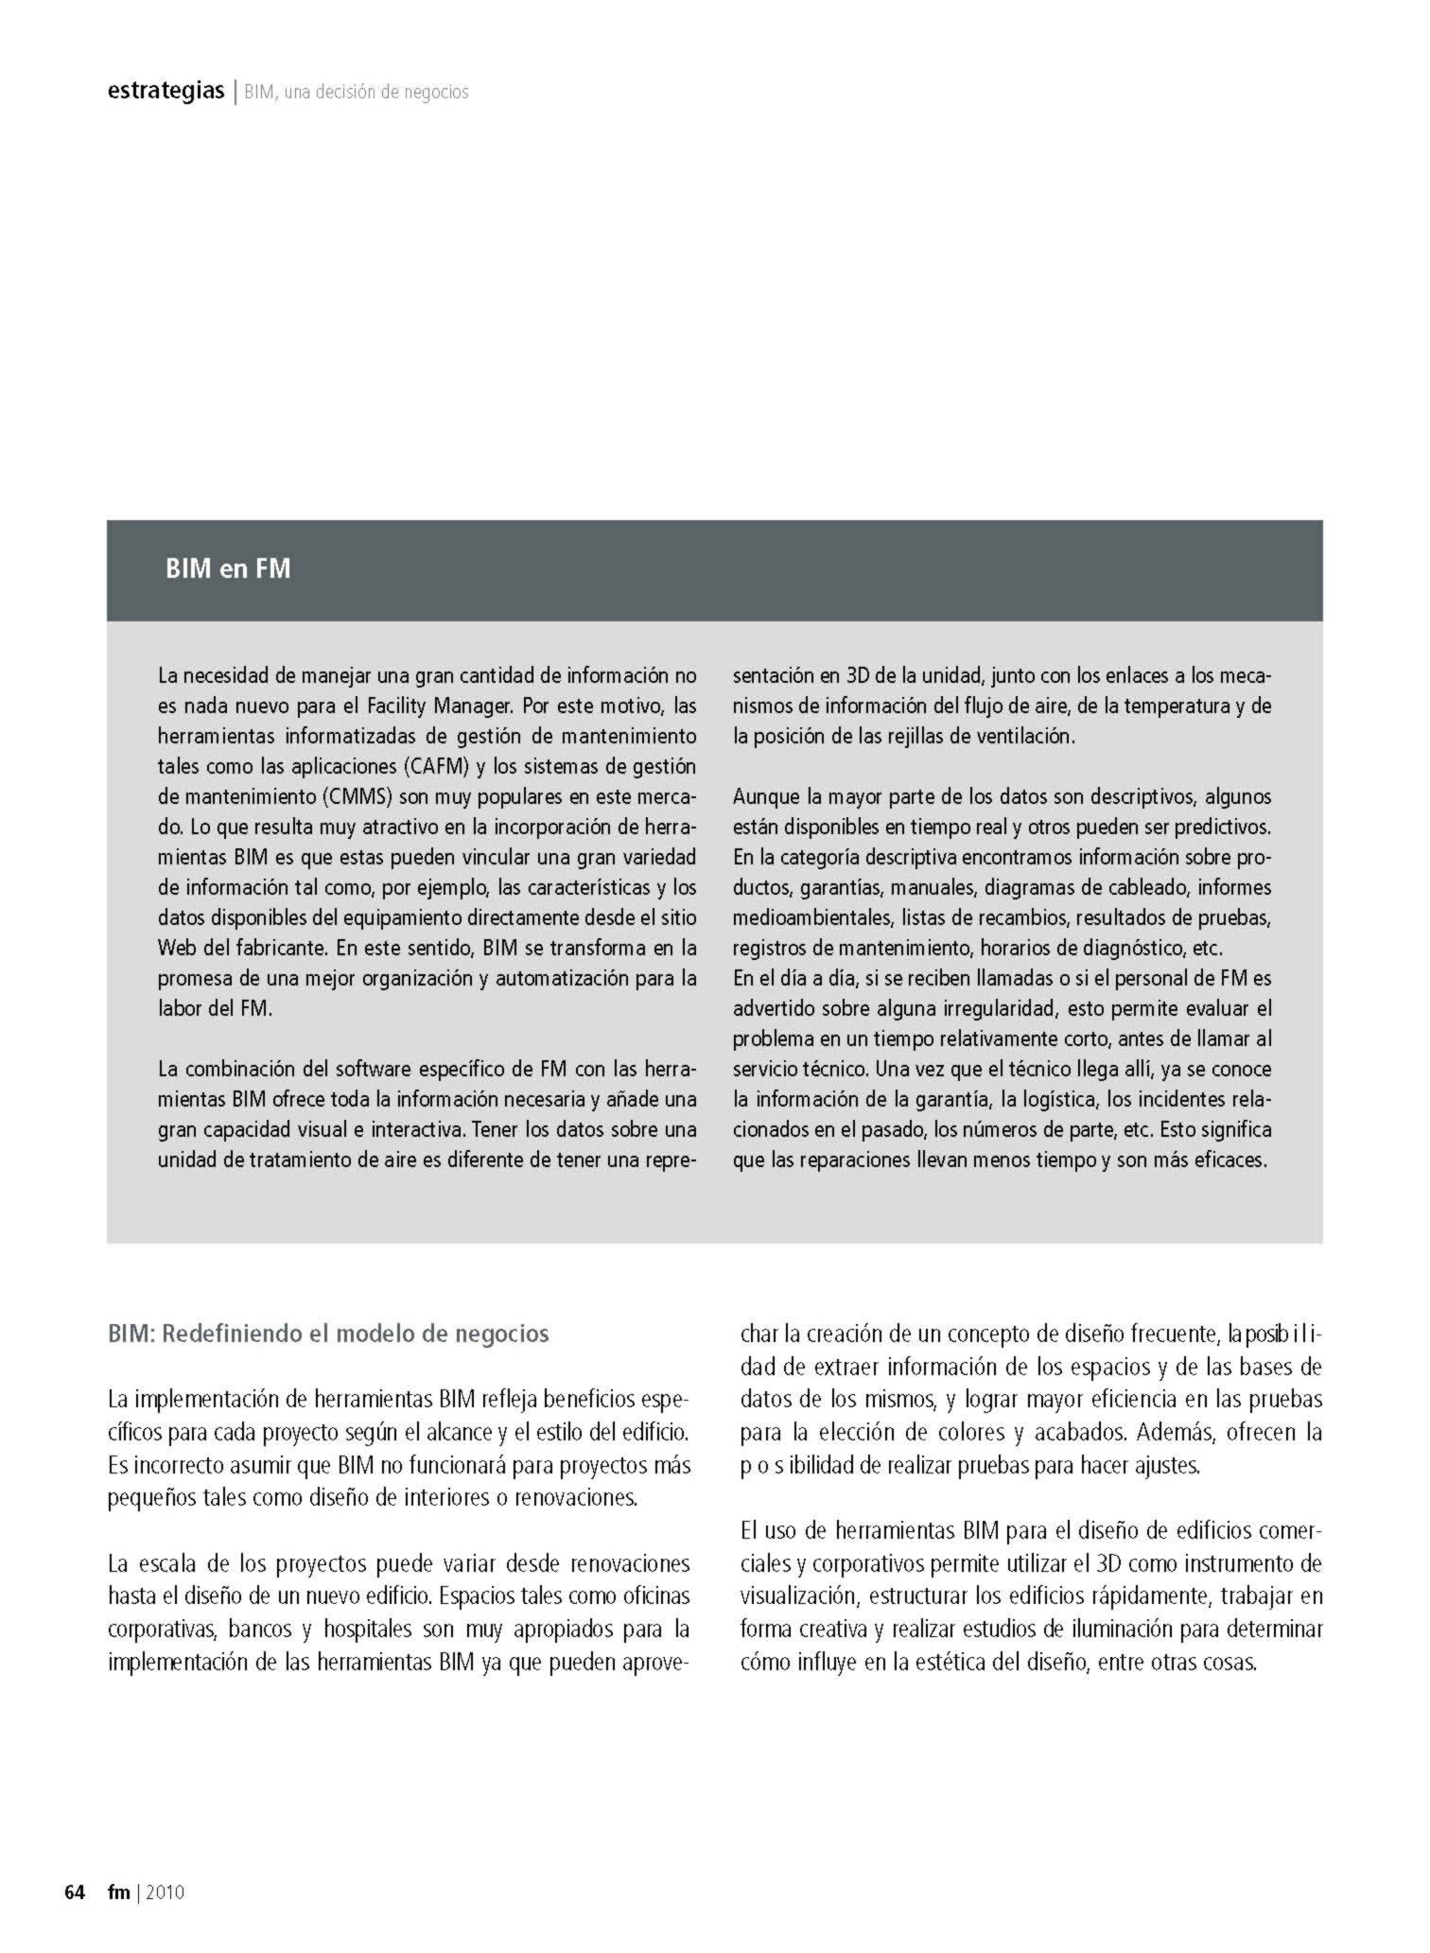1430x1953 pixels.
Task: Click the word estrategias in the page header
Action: click(x=166, y=92)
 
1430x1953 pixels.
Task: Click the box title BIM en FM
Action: click(x=227, y=569)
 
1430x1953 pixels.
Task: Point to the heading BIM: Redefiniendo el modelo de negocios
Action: click(x=328, y=1334)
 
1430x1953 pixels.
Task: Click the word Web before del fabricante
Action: click(x=177, y=948)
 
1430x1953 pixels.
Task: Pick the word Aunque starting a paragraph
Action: click(x=765, y=796)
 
